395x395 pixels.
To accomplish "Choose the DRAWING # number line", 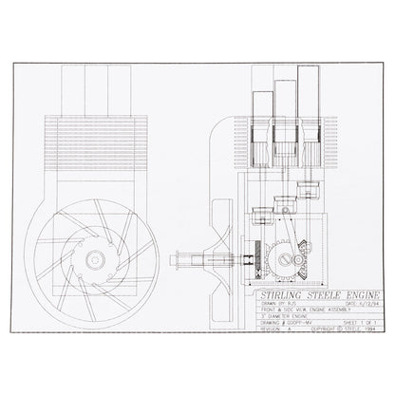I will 280,321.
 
